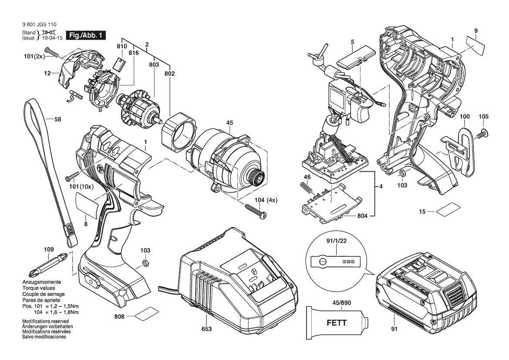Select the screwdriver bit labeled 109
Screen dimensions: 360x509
48,265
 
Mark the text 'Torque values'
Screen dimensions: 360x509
39,289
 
